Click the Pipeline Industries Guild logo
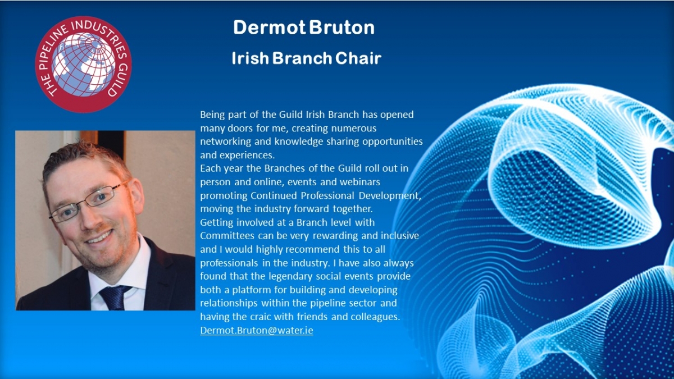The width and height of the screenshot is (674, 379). (83, 65)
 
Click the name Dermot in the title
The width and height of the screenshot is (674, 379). (270, 28)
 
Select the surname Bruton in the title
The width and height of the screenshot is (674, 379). (342, 28)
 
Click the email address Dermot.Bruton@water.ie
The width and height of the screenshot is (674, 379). (257, 330)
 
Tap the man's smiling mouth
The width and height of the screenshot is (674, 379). (99, 237)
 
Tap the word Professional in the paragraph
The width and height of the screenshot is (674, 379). (327, 195)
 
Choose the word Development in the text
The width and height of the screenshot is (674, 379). (390, 196)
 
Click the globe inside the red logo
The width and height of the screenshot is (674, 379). (83, 65)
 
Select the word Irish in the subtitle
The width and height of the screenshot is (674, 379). (251, 58)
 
